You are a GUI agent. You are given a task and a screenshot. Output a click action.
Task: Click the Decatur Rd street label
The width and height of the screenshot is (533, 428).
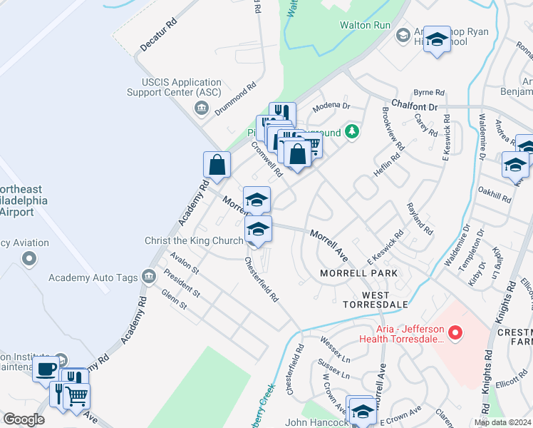click(x=158, y=34)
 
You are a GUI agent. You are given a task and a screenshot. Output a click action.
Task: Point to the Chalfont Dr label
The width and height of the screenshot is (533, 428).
click(x=414, y=105)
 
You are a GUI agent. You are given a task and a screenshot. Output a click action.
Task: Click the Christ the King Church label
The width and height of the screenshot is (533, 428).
click(x=194, y=241)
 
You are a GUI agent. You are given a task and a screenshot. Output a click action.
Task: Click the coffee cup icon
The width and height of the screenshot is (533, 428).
click(x=47, y=370)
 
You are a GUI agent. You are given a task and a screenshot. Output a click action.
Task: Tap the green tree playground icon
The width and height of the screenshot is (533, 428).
click(x=351, y=132)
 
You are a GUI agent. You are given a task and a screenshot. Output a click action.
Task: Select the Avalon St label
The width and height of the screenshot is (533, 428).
click(x=184, y=264)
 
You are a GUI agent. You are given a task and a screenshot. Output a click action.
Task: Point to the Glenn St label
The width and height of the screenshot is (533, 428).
click(x=173, y=299)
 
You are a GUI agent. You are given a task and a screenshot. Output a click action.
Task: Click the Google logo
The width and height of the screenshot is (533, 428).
click(x=24, y=419)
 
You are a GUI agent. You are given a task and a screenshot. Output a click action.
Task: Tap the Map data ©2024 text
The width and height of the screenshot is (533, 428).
click(x=502, y=422)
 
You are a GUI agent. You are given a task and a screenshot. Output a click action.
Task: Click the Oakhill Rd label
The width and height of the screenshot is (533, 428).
click(x=496, y=196)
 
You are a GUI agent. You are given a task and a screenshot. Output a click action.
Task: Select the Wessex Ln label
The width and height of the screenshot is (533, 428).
click(x=335, y=346)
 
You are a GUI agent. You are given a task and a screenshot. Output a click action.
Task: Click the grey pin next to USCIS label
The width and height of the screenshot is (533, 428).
click(x=201, y=108)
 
